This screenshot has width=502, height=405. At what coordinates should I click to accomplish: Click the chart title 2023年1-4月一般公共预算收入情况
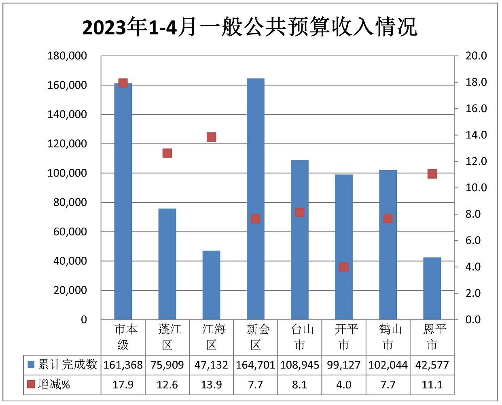(x=250, y=28)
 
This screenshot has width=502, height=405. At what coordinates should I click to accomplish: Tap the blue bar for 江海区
(x=211, y=285)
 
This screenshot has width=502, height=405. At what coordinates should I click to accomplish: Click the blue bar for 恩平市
(x=432, y=288)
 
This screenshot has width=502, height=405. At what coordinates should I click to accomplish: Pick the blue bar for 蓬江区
(x=167, y=264)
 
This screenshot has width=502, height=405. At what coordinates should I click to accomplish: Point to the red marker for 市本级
(x=123, y=83)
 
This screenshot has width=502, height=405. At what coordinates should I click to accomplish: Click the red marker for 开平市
(x=344, y=267)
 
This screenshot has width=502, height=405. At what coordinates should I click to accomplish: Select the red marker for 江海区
(x=211, y=137)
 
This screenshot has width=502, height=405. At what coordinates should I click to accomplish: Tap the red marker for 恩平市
(x=432, y=174)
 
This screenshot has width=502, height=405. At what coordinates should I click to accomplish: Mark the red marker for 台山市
(x=299, y=213)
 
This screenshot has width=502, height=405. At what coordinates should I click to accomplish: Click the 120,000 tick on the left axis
(x=67, y=144)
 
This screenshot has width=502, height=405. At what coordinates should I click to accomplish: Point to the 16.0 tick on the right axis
(x=476, y=109)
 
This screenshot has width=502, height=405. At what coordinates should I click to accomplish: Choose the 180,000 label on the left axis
(x=67, y=56)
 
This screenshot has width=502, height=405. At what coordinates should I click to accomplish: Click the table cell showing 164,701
(x=255, y=365)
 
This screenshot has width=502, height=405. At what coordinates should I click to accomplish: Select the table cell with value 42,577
(x=432, y=365)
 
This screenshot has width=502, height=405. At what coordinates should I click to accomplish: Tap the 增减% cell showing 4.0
(x=344, y=384)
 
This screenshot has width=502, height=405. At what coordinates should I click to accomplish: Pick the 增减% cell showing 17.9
(x=123, y=384)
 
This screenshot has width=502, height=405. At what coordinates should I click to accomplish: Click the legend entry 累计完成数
(x=63, y=364)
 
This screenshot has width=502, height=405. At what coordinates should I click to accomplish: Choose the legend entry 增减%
(x=49, y=384)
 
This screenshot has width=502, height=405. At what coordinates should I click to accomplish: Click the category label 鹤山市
(x=388, y=337)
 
